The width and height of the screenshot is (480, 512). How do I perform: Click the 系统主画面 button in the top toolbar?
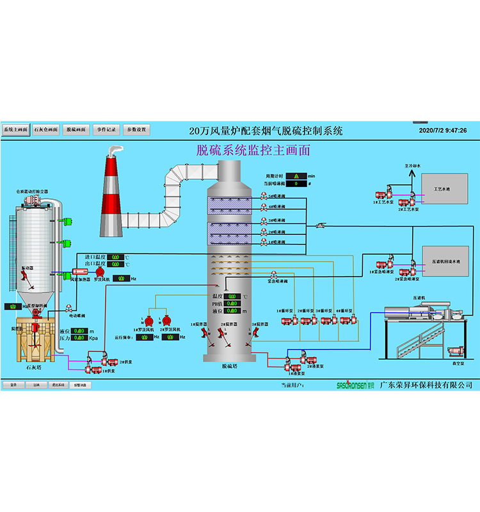pos(15,129)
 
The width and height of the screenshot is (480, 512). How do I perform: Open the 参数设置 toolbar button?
pos(136,129)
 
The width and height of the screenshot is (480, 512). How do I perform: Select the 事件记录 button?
pos(106,129)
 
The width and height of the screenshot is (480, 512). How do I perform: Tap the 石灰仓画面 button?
pos(45,129)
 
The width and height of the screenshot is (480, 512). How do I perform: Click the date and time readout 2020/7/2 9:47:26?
pos(442,130)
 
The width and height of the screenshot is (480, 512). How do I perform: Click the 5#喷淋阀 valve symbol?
pos(264,197)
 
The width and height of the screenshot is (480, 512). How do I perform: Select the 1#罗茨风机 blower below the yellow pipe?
pos(149,321)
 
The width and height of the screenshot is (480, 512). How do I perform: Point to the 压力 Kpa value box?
pos(78,338)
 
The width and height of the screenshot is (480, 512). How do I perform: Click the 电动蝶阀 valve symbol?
pos(68,308)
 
